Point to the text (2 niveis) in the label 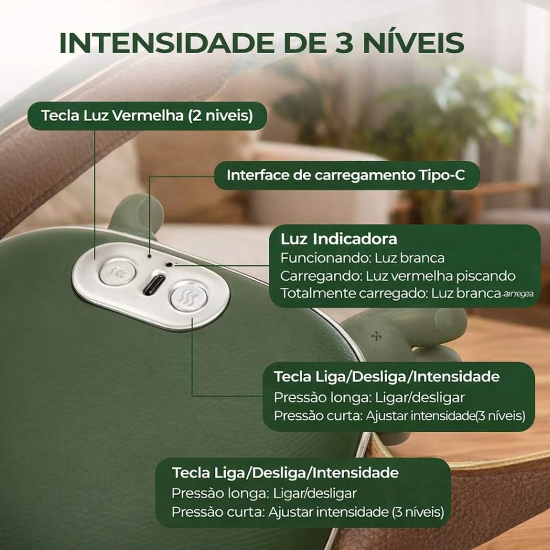click(x=220, y=116)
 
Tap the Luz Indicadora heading click(x=338, y=239)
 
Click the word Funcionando click(x=325, y=258)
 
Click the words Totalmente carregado click(x=353, y=294)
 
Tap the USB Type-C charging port click(x=154, y=283)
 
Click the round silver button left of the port click(x=118, y=271)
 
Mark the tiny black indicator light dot click(x=170, y=264)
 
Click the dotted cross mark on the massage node click(x=376, y=337)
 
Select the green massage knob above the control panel click(x=137, y=216)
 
